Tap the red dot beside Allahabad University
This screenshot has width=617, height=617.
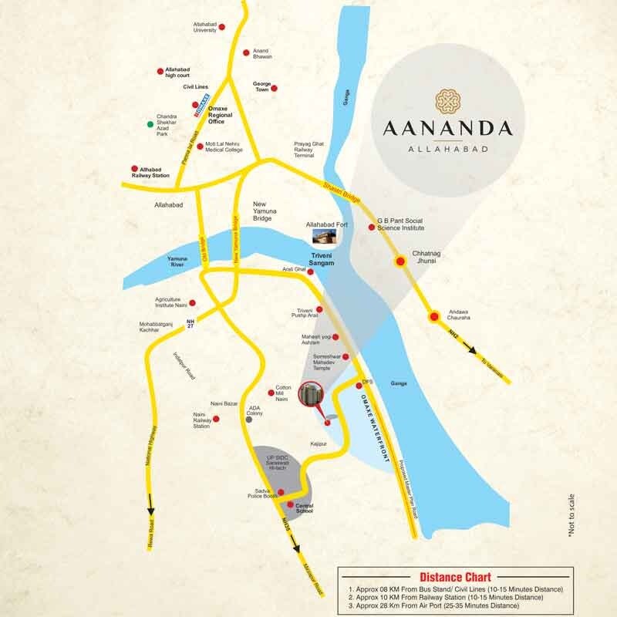[x=222, y=27]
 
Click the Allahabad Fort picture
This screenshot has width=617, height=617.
[x=325, y=236]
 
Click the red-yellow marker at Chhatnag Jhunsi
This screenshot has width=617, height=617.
[x=401, y=261]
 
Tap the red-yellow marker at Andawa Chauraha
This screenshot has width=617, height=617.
[x=433, y=315]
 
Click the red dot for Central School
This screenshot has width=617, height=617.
[x=290, y=505]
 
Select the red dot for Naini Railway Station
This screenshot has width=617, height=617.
[x=217, y=419]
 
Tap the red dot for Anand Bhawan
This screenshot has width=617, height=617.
[x=246, y=52]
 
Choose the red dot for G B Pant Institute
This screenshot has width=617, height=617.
[x=372, y=229]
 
